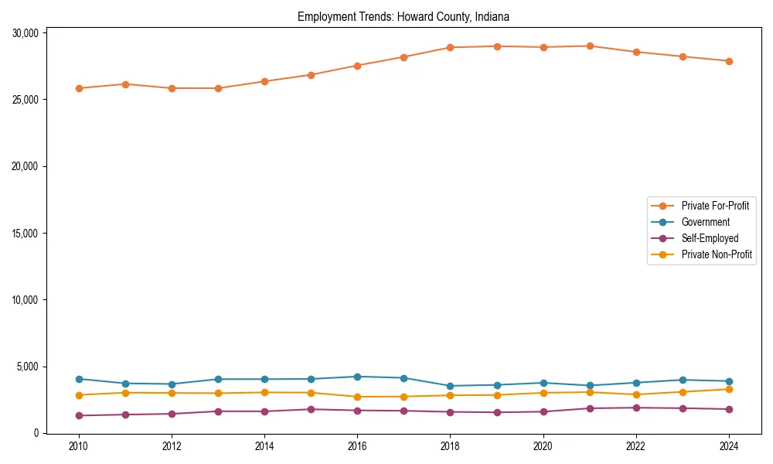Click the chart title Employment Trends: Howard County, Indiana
click(x=403, y=16)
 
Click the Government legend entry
click(x=705, y=222)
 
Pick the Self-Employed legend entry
click(x=710, y=238)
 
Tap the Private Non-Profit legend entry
click(x=717, y=254)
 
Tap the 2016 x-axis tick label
click(x=357, y=446)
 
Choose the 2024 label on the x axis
click(x=729, y=446)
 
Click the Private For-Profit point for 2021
click(x=590, y=46)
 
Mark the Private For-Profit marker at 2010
click(x=79, y=88)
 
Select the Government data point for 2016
click(x=357, y=377)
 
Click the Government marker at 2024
click(x=729, y=381)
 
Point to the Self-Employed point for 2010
click(x=79, y=415)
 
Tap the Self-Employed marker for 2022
click(x=636, y=408)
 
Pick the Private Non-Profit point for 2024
click(x=729, y=389)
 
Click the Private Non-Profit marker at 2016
click(x=357, y=397)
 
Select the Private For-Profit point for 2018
click(x=450, y=47)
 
